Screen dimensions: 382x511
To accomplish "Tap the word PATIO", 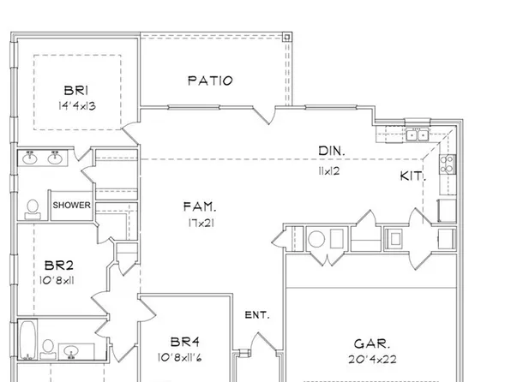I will point(210,81).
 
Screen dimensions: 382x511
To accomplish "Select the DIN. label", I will point(332,151).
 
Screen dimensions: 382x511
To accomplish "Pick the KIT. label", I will point(412,177).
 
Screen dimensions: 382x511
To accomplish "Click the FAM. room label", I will point(199,206).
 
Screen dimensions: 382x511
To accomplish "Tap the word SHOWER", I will point(72,206).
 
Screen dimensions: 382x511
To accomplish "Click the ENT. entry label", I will point(257,315).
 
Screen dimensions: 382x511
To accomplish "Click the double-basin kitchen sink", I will point(417,134).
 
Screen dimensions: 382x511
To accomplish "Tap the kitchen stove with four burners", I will point(447,162).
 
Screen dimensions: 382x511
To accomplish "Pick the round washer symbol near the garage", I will point(316,238).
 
